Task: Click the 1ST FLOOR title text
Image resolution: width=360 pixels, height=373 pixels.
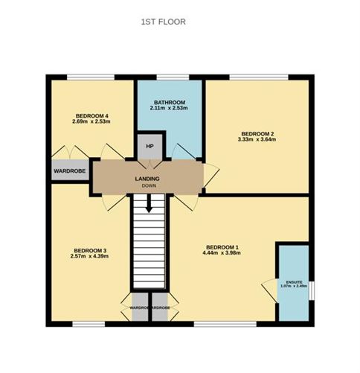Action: point(163,22)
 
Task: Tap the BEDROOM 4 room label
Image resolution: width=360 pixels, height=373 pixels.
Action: point(92,115)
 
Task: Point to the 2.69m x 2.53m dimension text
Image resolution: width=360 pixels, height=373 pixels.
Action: point(92,122)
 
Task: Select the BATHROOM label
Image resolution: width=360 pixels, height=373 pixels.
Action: point(170,102)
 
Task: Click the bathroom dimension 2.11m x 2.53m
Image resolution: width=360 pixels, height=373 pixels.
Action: point(170,109)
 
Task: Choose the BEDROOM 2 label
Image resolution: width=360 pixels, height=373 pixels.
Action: point(256,133)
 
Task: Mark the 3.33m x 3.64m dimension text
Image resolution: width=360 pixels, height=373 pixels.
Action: point(256,139)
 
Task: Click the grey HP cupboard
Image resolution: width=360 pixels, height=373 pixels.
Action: point(149,146)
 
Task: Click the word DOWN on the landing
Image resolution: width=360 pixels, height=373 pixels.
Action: point(149,186)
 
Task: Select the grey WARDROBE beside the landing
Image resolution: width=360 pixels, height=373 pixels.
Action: point(70,171)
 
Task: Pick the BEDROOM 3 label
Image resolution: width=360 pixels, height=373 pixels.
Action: point(91,250)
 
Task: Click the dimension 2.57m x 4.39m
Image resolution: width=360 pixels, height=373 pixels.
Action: point(91,257)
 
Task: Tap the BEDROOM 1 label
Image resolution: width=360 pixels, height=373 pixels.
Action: point(222,246)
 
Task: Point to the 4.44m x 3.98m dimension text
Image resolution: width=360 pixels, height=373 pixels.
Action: point(222,253)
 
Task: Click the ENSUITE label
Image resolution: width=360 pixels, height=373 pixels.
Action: point(295,281)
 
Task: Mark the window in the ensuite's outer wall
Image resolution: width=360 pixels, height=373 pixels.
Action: point(311,289)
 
